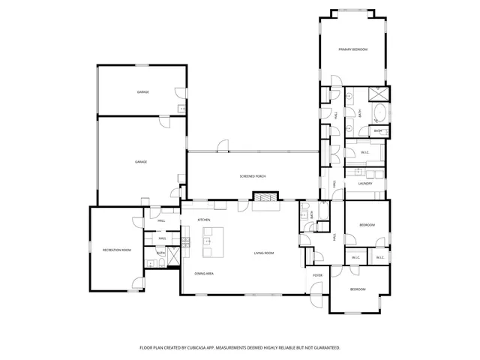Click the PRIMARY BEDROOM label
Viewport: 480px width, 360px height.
352,49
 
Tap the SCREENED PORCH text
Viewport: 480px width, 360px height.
253,176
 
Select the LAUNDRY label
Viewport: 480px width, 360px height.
365,183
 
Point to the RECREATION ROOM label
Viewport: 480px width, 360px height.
117,248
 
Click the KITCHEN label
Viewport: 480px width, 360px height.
203,219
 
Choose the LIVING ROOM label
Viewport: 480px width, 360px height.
263,253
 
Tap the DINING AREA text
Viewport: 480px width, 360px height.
205,274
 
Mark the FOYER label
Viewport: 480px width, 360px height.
318,275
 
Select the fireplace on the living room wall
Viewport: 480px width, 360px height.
263,198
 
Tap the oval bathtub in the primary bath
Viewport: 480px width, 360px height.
379,115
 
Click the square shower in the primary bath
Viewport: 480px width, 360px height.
379,94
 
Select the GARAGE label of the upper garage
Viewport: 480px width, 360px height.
142,91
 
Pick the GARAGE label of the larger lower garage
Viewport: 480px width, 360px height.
140,162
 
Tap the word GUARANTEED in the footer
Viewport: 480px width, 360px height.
323,348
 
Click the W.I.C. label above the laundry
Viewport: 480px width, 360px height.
364,153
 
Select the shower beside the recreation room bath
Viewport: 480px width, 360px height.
173,254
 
